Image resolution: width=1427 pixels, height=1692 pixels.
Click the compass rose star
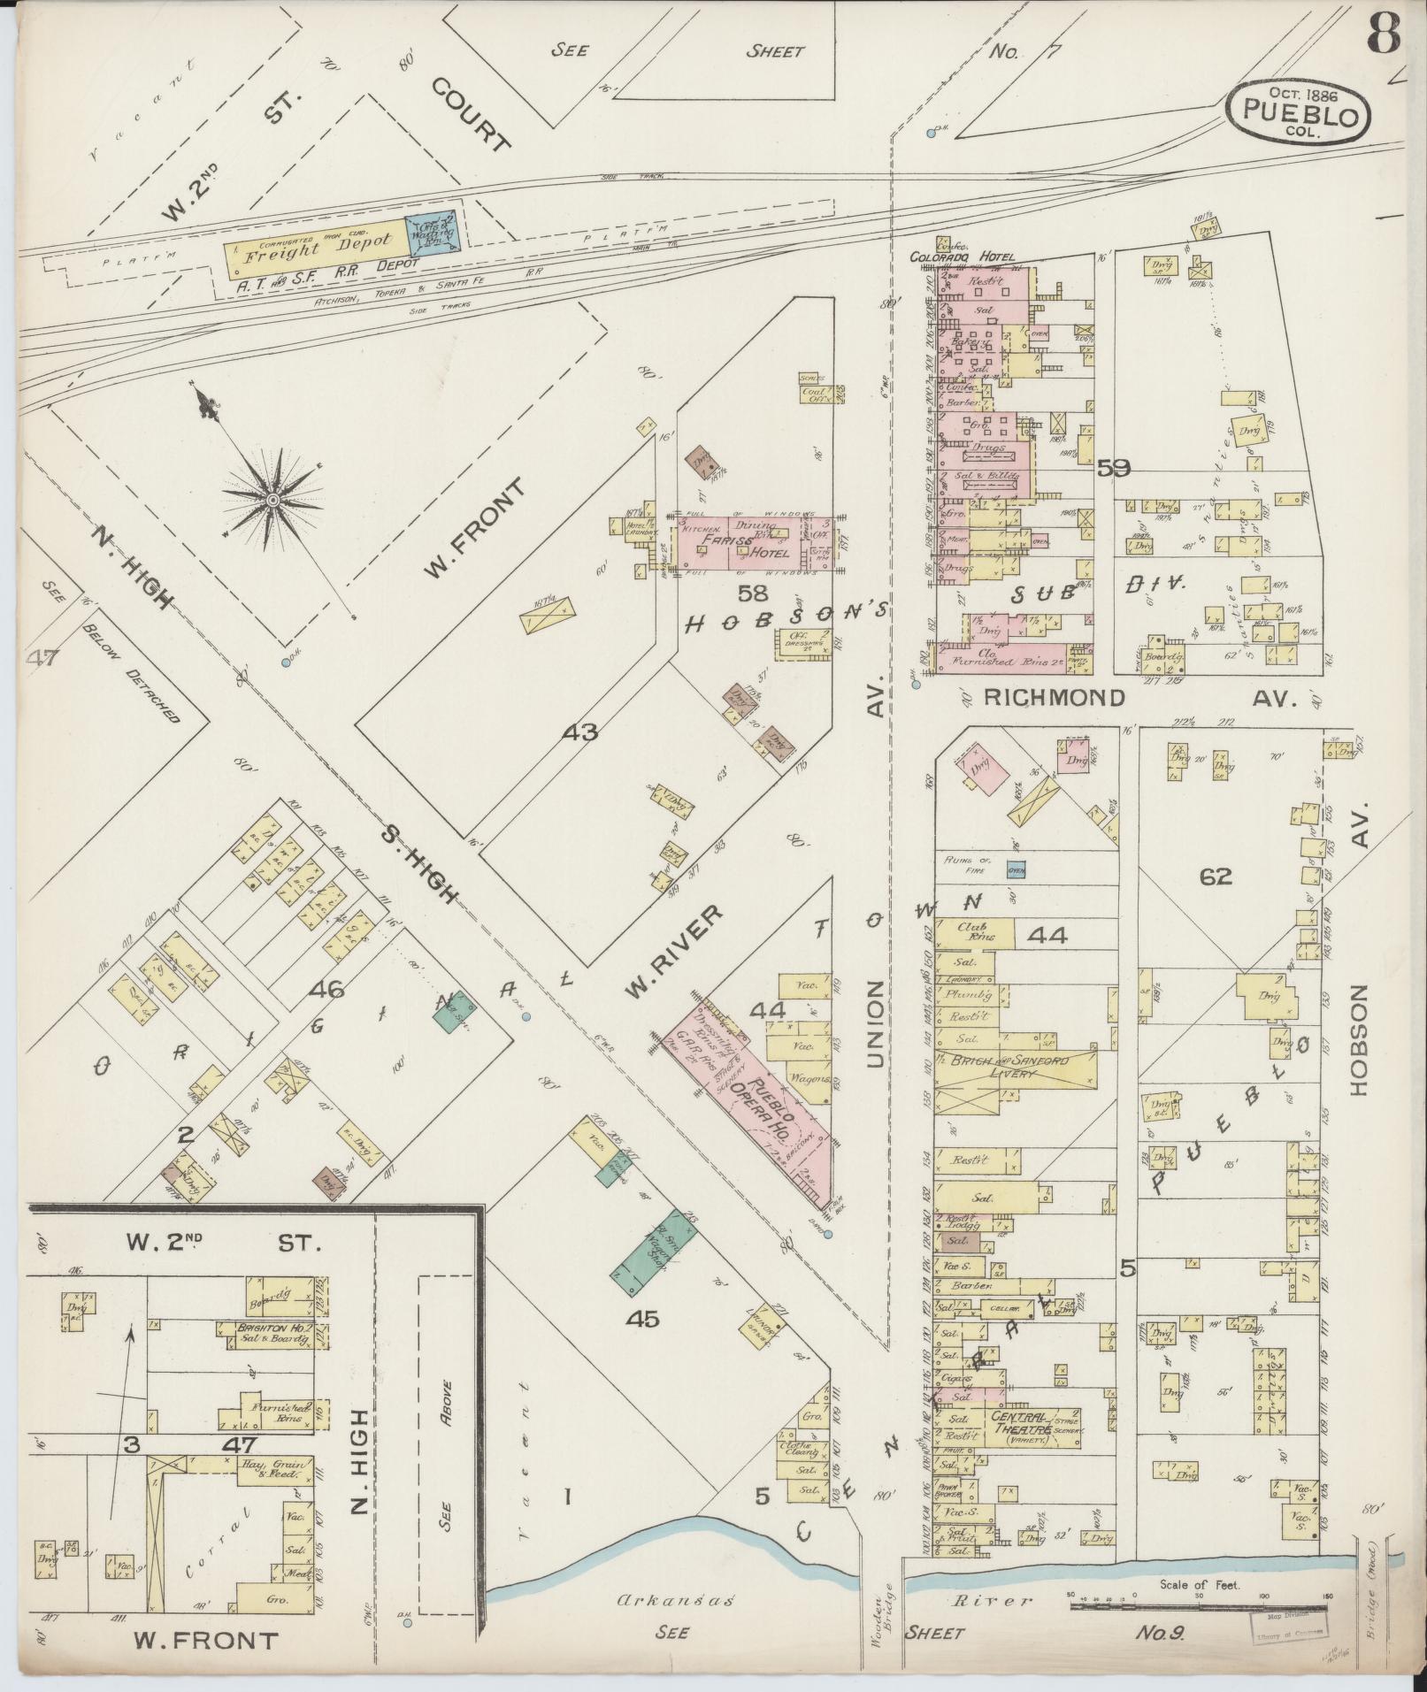point(273,501)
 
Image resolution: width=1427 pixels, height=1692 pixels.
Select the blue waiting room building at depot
point(431,233)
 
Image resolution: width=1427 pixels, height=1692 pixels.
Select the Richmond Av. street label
point(1054,698)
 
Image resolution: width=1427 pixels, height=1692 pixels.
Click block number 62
point(1216,877)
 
